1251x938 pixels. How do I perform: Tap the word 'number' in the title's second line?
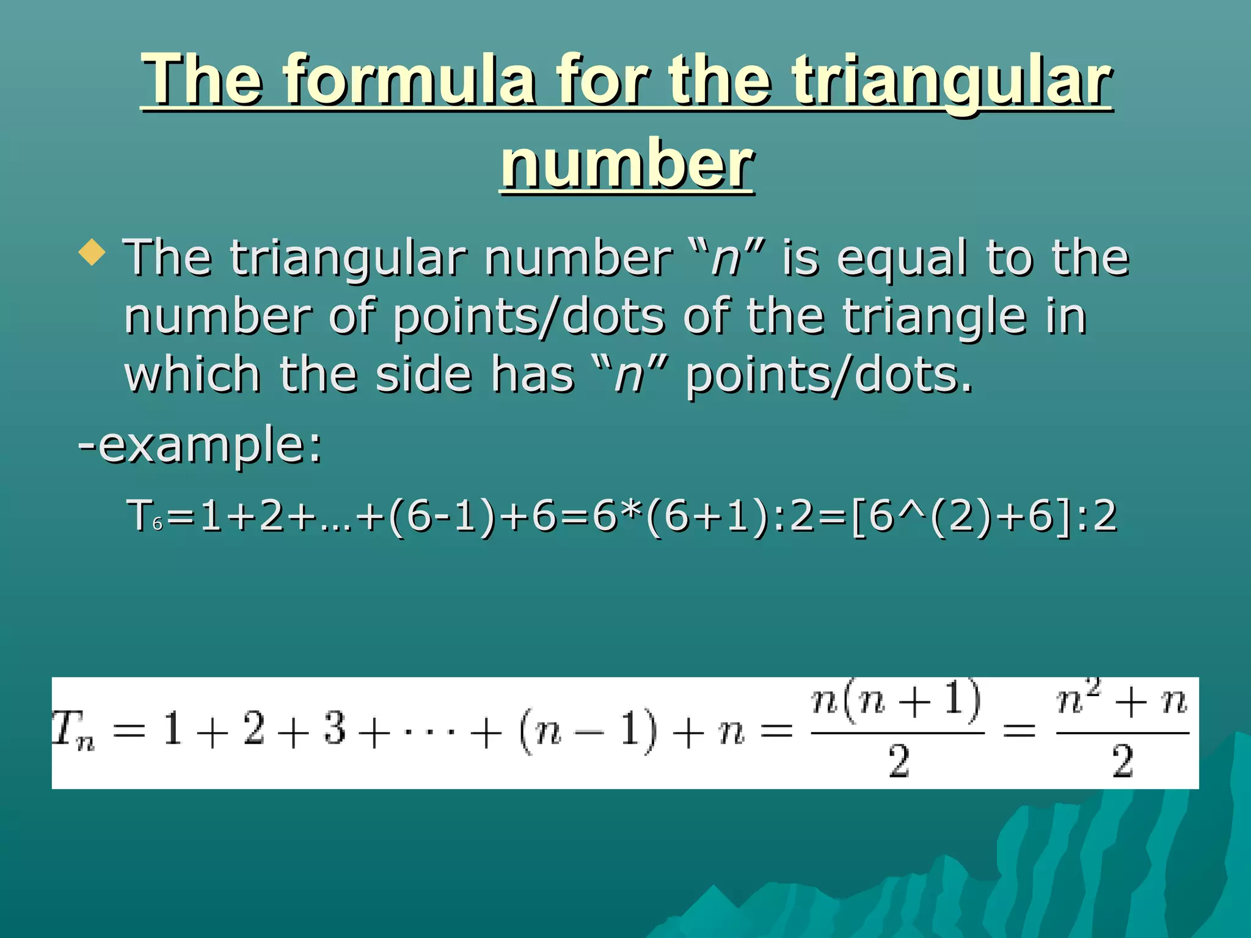(627, 163)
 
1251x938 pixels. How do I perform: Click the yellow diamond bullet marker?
(92, 252)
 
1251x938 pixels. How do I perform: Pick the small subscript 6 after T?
(158, 524)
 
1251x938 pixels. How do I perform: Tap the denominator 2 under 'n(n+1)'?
(898, 762)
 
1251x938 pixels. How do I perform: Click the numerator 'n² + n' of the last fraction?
(1122, 701)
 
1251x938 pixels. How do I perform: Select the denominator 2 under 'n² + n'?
(1123, 762)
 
